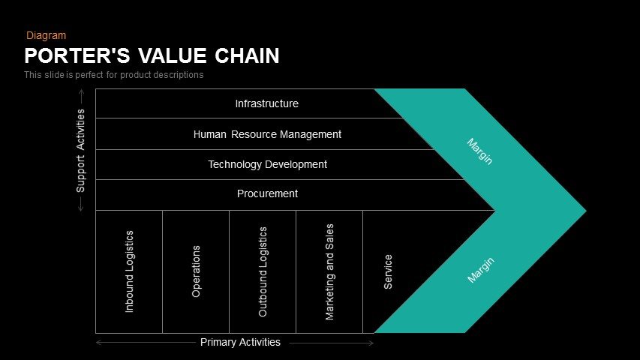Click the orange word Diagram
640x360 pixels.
(x=46, y=35)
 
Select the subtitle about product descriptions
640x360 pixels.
(x=113, y=75)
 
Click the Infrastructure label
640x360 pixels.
(x=266, y=103)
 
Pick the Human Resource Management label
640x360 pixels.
(x=267, y=134)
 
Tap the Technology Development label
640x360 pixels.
(x=267, y=164)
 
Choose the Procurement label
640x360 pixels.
(x=267, y=193)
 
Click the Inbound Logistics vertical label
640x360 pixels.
(x=129, y=271)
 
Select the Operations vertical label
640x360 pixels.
(x=196, y=271)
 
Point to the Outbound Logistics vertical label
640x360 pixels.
(x=263, y=271)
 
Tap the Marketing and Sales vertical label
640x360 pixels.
(x=329, y=271)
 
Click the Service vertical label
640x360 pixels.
(x=388, y=271)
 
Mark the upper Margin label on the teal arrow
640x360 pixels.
(x=479, y=151)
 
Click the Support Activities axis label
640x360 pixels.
(x=81, y=150)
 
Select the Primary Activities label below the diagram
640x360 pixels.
(x=240, y=342)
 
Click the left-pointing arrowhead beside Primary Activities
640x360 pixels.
(x=98, y=343)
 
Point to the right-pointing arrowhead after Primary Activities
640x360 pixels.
(x=371, y=343)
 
